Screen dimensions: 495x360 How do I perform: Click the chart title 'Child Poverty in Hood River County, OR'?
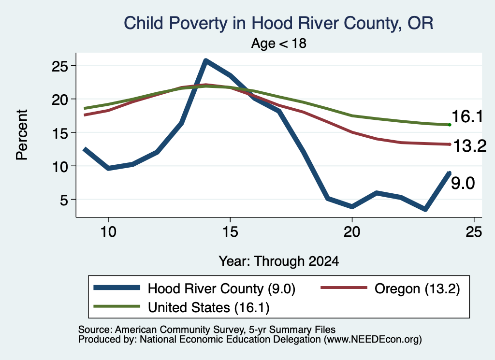tap(278, 23)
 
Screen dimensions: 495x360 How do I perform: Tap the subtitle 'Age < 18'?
tap(279, 43)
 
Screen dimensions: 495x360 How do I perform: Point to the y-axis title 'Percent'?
tap(22, 135)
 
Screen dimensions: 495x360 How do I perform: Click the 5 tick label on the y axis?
tap(64, 200)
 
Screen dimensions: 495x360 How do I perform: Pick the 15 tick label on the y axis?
tap(60, 133)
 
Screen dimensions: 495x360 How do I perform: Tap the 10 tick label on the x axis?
tap(108, 232)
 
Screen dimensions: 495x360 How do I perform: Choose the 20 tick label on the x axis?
tap(352, 232)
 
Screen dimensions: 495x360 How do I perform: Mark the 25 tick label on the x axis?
tap(474, 232)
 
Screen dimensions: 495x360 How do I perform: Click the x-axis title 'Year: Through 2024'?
tap(279, 261)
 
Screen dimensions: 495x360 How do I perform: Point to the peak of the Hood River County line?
tap(205, 60)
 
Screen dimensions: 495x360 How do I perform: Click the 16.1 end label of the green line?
tap(467, 116)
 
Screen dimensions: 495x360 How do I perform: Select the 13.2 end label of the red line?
tap(470, 146)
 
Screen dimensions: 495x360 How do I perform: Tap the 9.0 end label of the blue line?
tap(463, 183)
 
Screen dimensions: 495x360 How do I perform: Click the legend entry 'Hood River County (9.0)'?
tap(194, 288)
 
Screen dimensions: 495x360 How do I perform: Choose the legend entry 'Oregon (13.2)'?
tap(390, 288)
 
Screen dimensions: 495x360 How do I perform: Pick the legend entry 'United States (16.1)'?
tap(182, 307)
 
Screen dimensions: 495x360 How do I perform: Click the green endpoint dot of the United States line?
tap(450, 125)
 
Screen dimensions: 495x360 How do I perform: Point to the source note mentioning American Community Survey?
tap(207, 330)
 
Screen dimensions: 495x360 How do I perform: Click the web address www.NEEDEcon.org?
tap(373, 340)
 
